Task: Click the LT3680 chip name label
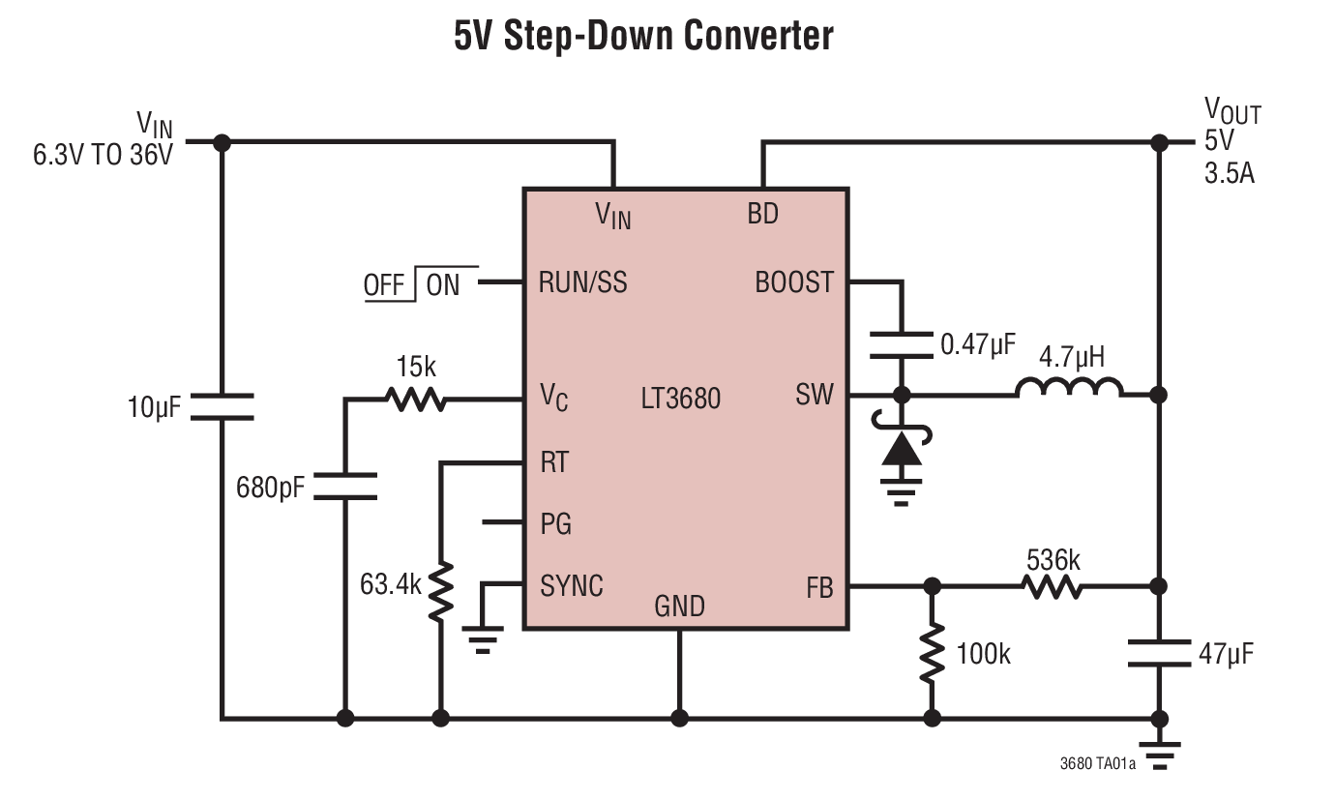(681, 398)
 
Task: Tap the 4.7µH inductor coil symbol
(1069, 390)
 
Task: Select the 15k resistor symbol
(415, 398)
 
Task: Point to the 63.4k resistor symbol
(440, 591)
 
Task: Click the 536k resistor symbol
(1052, 586)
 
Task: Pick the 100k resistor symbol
(932, 653)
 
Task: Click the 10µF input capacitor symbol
(222, 406)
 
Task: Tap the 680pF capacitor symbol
(345, 486)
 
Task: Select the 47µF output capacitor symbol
(1158, 653)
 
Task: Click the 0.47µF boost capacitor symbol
(902, 344)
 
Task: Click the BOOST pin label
(794, 282)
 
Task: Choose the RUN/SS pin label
(583, 282)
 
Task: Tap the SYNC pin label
(572, 585)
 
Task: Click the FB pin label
(819, 587)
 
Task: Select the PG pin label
(556, 523)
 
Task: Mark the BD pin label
(763, 214)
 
